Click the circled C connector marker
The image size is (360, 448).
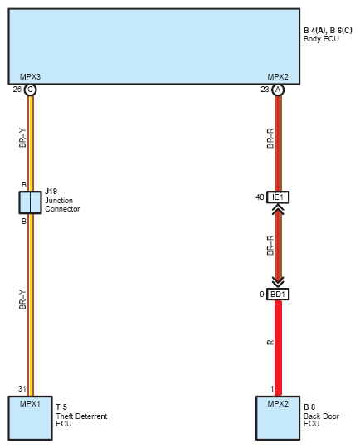(31, 90)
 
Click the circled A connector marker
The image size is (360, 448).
(278, 90)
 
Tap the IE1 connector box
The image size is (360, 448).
(278, 197)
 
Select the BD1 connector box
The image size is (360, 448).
(278, 294)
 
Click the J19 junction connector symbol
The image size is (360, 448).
(31, 202)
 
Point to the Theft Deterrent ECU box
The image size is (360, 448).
(31, 418)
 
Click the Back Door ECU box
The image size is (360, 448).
(278, 418)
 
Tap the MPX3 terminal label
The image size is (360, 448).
(30, 77)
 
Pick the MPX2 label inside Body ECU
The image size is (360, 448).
(278, 77)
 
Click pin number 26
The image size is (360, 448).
(17, 90)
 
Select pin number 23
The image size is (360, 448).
(265, 90)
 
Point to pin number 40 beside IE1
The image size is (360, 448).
(260, 197)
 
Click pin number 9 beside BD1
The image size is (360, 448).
(262, 294)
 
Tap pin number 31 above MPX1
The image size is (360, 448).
(22, 388)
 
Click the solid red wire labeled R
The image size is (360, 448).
(278, 348)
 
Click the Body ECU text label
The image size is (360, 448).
(321, 39)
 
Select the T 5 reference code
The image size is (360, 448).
(61, 407)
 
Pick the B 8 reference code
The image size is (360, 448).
(309, 407)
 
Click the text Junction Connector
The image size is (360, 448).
(62, 205)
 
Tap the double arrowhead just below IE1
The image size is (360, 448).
(278, 209)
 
